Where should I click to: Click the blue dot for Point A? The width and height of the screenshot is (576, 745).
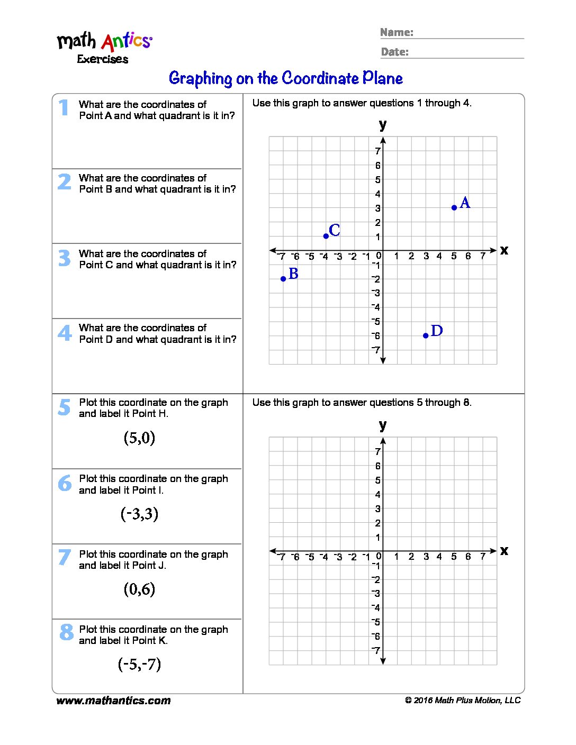click(x=454, y=207)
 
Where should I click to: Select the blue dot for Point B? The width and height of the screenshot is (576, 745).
click(x=283, y=279)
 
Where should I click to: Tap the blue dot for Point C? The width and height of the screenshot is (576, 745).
click(x=326, y=236)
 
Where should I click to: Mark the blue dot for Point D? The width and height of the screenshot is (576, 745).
click(x=426, y=335)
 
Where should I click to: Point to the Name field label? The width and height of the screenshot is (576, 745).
click(x=397, y=32)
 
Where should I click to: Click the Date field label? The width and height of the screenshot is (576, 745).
click(x=394, y=52)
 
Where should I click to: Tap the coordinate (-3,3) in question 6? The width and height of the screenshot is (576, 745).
click(x=139, y=514)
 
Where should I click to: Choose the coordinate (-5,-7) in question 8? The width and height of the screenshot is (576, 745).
click(x=139, y=664)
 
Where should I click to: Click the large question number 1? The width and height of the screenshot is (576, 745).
click(x=64, y=107)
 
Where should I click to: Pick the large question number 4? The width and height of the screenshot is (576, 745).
click(x=65, y=333)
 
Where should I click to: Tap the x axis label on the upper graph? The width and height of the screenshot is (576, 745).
click(x=504, y=250)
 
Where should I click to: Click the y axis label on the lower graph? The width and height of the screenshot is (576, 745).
click(x=383, y=425)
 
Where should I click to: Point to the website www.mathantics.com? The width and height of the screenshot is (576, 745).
click(x=113, y=701)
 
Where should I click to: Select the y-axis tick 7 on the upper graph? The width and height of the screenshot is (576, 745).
click(x=377, y=151)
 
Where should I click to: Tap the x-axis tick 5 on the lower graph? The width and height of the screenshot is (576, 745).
click(x=454, y=557)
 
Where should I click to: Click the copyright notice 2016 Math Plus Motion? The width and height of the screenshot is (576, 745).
click(x=463, y=701)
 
